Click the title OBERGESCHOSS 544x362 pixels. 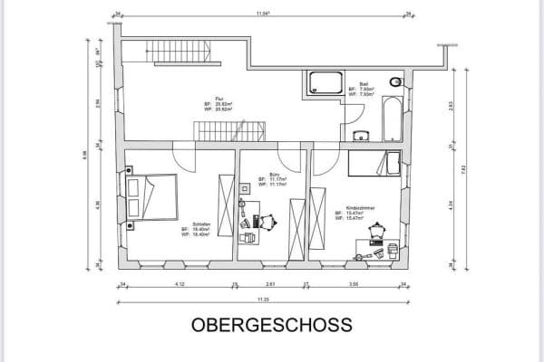pyautogui.click(x=272, y=325)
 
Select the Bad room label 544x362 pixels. pyautogui.click(x=364, y=81)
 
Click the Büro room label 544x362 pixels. pyautogui.click(x=274, y=174)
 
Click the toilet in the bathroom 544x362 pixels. pyautogui.click(x=394, y=83)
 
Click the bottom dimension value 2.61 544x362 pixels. pyautogui.click(x=270, y=284)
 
